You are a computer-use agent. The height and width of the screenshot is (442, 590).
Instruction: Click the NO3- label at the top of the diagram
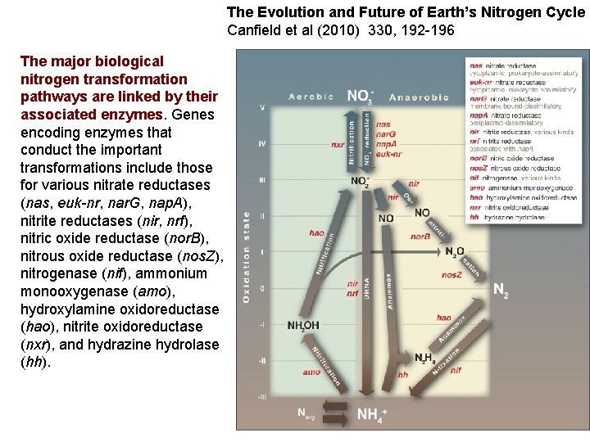359,97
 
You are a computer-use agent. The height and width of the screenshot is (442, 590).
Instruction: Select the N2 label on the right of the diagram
500,290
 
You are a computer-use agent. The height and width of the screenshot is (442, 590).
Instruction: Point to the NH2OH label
303,326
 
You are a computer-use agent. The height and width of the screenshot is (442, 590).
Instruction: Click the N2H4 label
424,358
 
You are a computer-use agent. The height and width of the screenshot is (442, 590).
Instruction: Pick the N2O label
455,250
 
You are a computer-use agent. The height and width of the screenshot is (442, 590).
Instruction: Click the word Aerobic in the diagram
311,97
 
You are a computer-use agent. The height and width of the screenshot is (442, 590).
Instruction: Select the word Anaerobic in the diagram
419,97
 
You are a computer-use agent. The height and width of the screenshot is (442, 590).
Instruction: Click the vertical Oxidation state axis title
247,256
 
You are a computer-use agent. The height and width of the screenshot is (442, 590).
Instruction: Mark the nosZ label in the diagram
452,275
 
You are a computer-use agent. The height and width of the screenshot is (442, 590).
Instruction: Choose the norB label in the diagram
420,237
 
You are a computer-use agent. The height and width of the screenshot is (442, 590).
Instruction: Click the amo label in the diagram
311,372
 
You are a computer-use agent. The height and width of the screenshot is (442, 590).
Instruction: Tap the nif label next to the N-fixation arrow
456,370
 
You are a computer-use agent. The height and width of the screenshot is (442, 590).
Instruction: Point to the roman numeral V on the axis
262,107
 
